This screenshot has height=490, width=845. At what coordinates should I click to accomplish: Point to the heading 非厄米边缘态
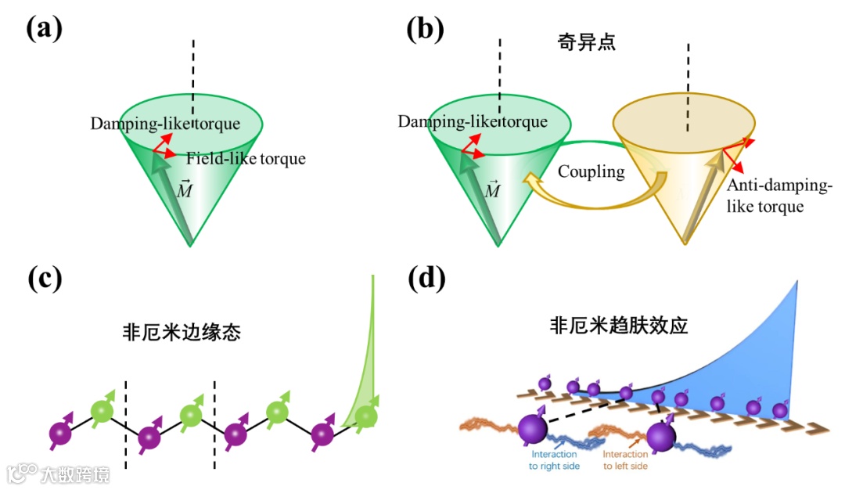tap(182, 332)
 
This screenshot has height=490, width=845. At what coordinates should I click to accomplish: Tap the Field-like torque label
tap(246, 159)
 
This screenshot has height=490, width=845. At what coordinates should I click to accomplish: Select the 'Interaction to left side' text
tap(625, 459)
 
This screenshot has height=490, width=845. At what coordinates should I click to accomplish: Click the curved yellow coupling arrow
tap(595, 205)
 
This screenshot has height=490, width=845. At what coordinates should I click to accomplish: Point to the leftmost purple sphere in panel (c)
tap(60, 433)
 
